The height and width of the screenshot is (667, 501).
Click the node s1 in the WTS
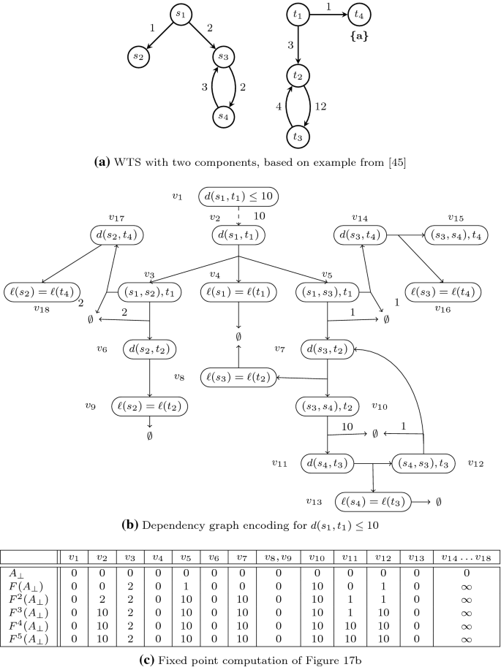tap(181, 14)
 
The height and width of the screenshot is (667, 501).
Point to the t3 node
tap(298, 136)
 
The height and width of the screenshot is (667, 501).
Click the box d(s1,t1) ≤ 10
tap(238, 197)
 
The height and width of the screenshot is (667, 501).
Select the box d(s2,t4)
tap(116, 235)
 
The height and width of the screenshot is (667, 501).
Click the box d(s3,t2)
tap(327, 349)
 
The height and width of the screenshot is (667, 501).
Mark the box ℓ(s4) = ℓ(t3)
tap(372, 502)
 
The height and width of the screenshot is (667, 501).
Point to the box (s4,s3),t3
tap(424, 463)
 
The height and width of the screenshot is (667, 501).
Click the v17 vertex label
tap(115, 217)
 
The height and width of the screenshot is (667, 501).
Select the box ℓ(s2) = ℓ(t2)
tap(149, 405)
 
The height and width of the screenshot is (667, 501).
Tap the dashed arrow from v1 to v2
tap(238, 216)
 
